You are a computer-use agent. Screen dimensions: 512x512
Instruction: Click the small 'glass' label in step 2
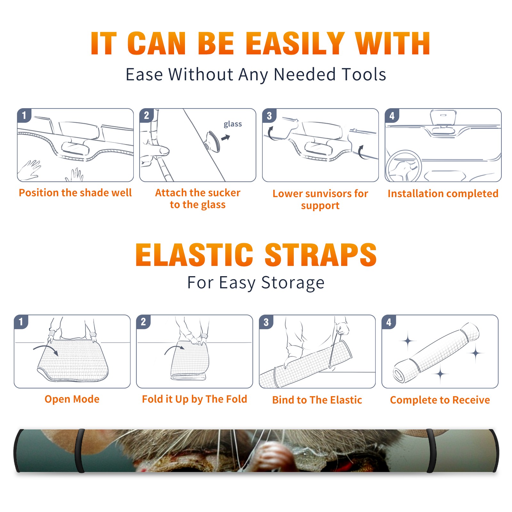[x=233, y=124]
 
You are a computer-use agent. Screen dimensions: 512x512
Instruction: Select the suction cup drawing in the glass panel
[x=213, y=141]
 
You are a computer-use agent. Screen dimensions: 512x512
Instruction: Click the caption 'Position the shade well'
[x=75, y=193]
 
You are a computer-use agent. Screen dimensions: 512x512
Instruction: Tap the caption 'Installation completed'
[x=443, y=193]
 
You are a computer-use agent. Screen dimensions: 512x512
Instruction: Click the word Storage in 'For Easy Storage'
[x=293, y=283]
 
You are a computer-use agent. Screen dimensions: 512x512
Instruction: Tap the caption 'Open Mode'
[x=72, y=399]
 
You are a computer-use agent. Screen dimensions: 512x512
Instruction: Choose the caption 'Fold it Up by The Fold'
[x=195, y=399]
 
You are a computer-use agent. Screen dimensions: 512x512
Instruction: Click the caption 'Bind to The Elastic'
[x=317, y=400]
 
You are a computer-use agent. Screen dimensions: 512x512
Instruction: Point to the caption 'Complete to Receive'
[x=440, y=400]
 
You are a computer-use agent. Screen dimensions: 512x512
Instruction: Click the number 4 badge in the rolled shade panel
[x=389, y=322]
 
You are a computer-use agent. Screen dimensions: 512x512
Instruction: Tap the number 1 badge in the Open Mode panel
[x=21, y=322]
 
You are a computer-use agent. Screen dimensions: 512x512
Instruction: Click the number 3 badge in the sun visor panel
[x=269, y=116]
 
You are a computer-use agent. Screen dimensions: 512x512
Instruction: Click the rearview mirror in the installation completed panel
[x=443, y=118]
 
